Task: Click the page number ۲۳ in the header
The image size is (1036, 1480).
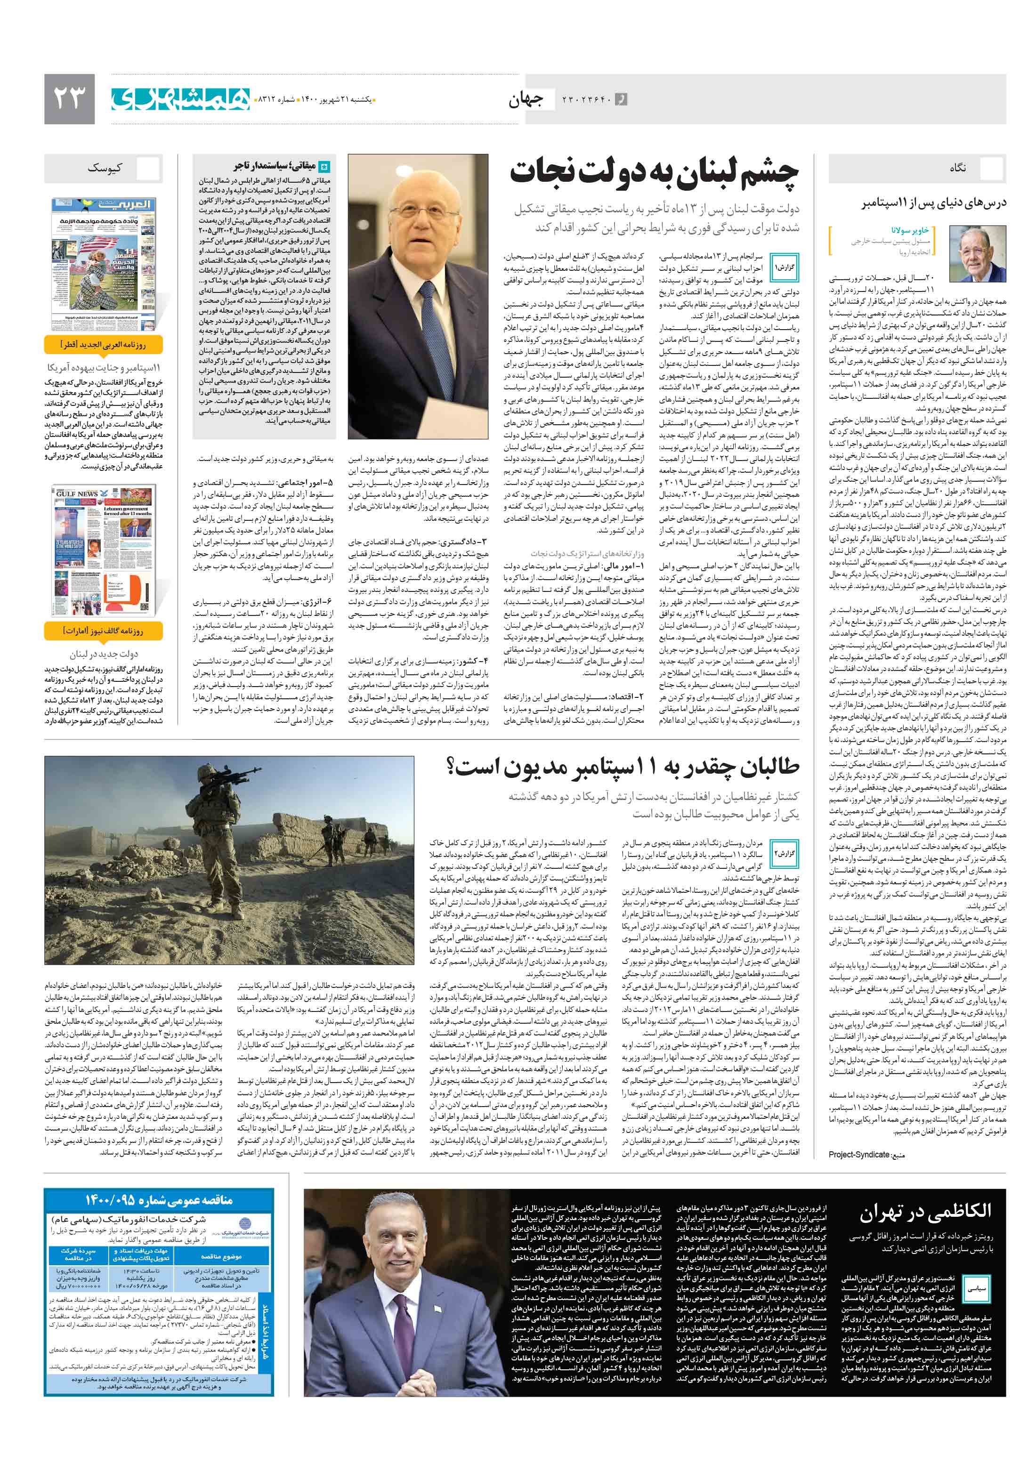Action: point(69,98)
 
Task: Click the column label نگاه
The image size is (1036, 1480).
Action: point(957,168)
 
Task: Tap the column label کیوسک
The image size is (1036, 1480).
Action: point(105,168)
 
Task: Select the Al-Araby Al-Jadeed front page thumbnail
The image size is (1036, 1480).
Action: point(103,264)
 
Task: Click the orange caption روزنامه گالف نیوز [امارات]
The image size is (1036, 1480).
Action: point(103,631)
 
